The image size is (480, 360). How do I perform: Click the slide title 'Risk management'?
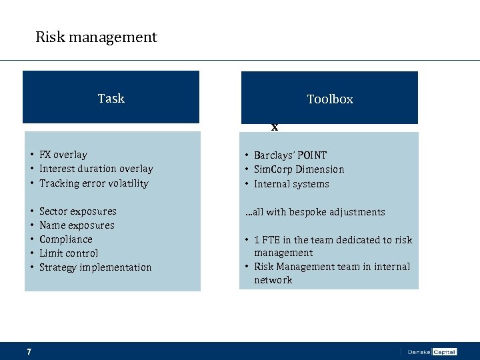point(96,37)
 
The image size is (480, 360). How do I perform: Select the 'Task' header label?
point(111,99)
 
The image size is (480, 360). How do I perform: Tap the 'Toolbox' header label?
point(329,99)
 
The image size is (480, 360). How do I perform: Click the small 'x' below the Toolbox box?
point(274,127)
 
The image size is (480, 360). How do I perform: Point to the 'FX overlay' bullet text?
point(63,155)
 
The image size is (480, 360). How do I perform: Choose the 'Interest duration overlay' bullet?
point(96,169)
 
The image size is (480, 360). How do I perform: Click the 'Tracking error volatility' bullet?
point(93,183)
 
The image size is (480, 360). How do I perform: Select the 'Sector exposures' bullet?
point(77,211)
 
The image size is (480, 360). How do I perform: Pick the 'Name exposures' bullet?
point(77,225)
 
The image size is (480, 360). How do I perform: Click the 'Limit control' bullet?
point(69,253)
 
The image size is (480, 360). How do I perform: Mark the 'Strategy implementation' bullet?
point(95,267)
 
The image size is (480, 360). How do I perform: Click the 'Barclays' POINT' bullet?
point(290,155)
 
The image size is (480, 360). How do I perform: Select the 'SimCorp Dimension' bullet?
point(299,169)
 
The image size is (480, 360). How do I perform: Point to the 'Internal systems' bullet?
point(291,184)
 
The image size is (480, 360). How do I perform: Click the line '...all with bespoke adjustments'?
point(314,212)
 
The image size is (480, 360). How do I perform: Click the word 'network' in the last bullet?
point(273,280)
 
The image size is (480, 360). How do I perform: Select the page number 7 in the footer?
point(29,351)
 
